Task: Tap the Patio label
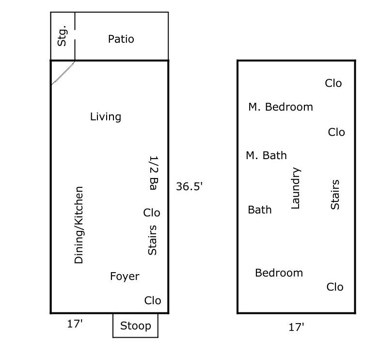pyautogui.click(x=121, y=39)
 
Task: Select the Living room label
pyautogui.click(x=106, y=117)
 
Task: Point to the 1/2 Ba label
pyautogui.click(x=154, y=173)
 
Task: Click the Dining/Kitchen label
pyautogui.click(x=79, y=225)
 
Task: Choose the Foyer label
pyautogui.click(x=125, y=277)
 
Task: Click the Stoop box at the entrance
pyautogui.click(x=135, y=326)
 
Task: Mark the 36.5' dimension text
pyautogui.click(x=189, y=186)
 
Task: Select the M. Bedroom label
pyautogui.click(x=281, y=107)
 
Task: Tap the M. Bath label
pyautogui.click(x=266, y=156)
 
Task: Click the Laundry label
pyautogui.click(x=296, y=188)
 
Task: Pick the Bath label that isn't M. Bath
pyautogui.click(x=260, y=210)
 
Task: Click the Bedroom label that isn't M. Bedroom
pyautogui.click(x=279, y=273)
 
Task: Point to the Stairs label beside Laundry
pyautogui.click(x=335, y=195)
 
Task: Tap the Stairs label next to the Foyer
pyautogui.click(x=152, y=240)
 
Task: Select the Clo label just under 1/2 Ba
pyautogui.click(x=152, y=213)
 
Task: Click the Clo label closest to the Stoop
pyautogui.click(x=153, y=301)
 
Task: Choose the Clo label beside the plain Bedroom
pyautogui.click(x=335, y=287)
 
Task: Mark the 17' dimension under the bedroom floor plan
pyautogui.click(x=296, y=327)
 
